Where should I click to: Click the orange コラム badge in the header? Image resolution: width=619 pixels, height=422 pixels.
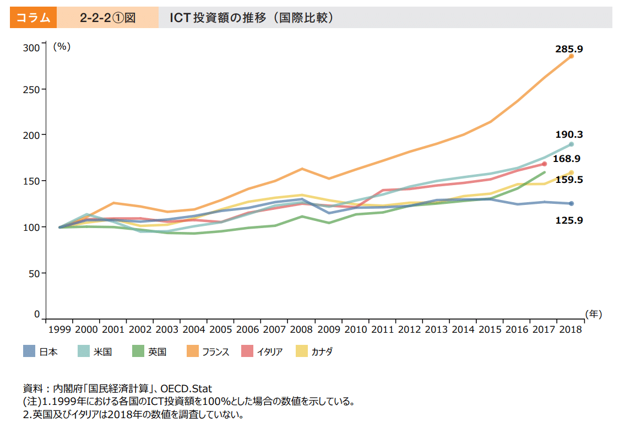(x=34, y=18)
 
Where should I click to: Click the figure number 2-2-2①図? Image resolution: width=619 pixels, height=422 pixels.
(x=107, y=18)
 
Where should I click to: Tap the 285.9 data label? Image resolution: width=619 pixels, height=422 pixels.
(x=569, y=49)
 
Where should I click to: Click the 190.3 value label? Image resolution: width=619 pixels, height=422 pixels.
(x=569, y=134)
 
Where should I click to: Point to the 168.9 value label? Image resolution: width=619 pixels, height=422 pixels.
(x=567, y=159)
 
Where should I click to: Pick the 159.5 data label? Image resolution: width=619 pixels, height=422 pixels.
(x=569, y=180)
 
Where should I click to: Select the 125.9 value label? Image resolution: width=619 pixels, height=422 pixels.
(x=569, y=220)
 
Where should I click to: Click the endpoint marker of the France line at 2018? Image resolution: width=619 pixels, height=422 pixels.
(x=571, y=56)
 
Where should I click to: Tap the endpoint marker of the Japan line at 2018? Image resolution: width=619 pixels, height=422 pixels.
(x=571, y=204)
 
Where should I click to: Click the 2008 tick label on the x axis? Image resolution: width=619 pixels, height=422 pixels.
(x=301, y=329)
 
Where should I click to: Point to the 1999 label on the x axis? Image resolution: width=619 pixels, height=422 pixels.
(x=59, y=329)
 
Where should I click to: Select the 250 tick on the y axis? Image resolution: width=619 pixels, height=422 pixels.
(x=34, y=89)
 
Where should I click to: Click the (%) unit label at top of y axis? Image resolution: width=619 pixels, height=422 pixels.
(x=62, y=47)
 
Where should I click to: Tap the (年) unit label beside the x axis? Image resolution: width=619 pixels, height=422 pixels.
(x=594, y=313)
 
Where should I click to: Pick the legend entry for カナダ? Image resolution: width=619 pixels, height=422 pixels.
(x=314, y=351)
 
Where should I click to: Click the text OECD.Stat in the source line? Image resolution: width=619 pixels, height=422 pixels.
(x=186, y=389)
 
